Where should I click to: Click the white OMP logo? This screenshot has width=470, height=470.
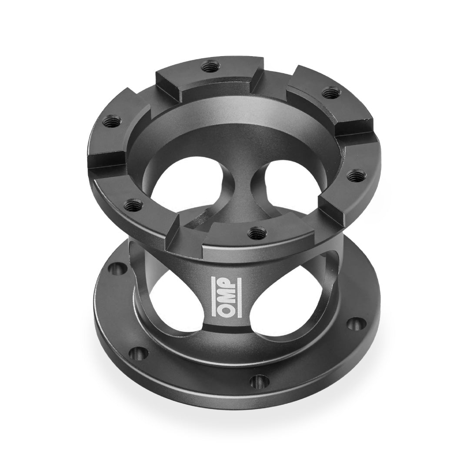point(227,297)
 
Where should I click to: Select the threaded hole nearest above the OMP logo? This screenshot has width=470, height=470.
point(255,231)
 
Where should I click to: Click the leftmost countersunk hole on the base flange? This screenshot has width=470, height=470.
point(117,269)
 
